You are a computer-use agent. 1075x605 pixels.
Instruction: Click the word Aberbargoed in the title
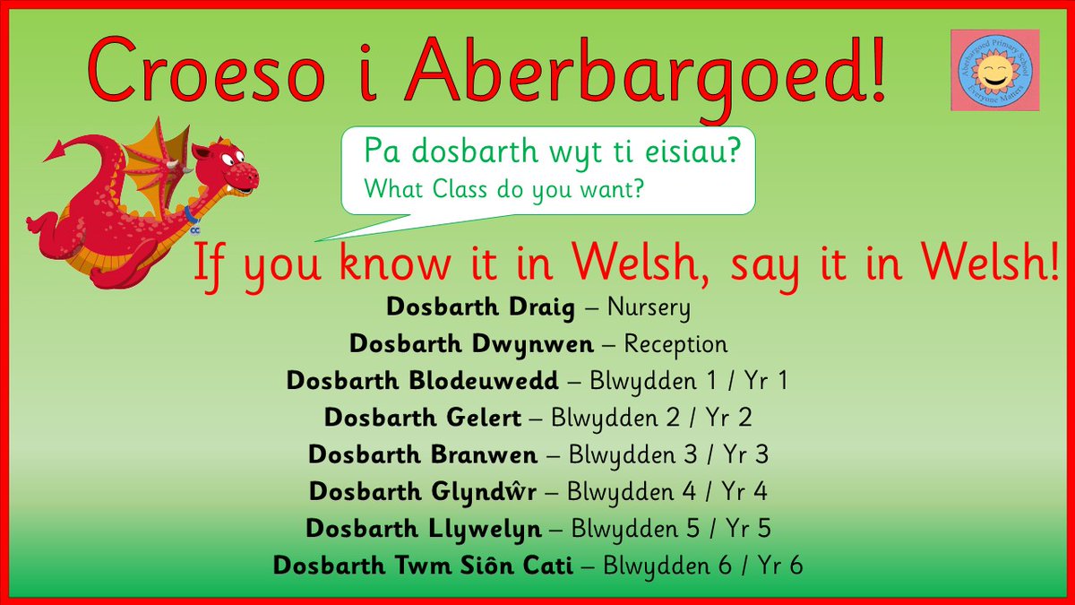pyautogui.click(x=645, y=70)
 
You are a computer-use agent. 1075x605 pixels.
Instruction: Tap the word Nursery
pyautogui.click(x=649, y=308)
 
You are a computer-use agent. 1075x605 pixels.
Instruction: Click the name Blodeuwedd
pyautogui.click(x=495, y=381)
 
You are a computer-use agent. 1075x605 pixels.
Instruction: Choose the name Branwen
pyautogui.click(x=485, y=454)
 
